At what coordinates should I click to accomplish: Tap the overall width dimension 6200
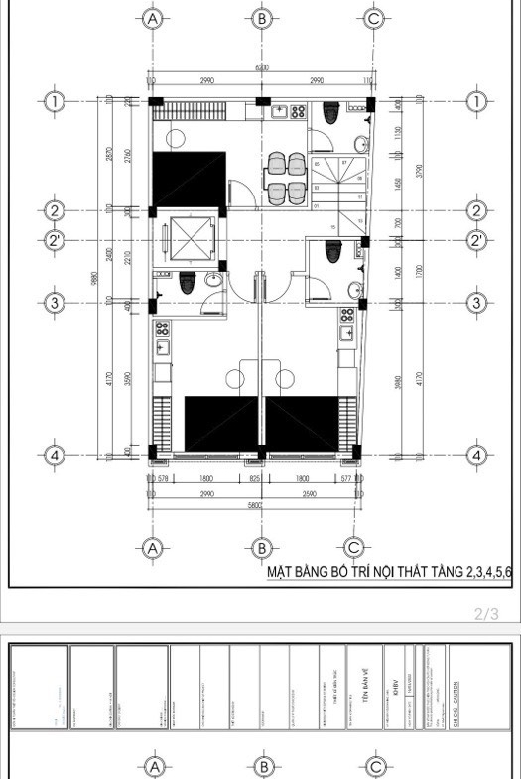coord(260,68)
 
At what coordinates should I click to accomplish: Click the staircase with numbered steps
coord(334,184)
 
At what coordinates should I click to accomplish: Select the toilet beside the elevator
coord(184,285)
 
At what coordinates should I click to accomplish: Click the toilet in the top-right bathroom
coord(331,112)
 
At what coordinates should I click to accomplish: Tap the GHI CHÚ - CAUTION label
coord(455,687)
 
